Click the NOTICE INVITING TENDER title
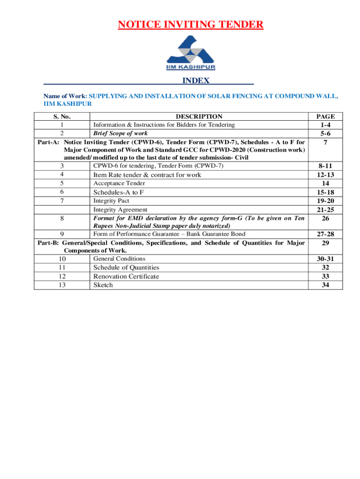(x=190, y=24)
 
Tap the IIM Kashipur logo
(x=190, y=53)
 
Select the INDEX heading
(x=196, y=81)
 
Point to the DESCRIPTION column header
(x=199, y=116)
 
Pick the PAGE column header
(x=325, y=116)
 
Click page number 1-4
(x=325, y=125)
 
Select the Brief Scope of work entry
(x=121, y=133)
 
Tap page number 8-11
(x=325, y=166)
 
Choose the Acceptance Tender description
(x=119, y=183)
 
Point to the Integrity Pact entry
(x=111, y=201)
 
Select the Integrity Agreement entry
(x=120, y=210)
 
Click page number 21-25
(x=325, y=210)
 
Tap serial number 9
(x=62, y=234)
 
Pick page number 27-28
(x=325, y=234)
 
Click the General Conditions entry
(x=119, y=259)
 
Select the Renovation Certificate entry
(x=126, y=276)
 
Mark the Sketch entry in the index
(x=103, y=284)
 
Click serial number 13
(x=62, y=284)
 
